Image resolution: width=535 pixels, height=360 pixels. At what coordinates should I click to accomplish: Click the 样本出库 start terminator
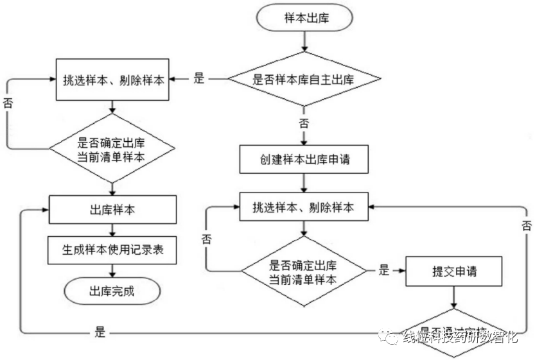[305, 18]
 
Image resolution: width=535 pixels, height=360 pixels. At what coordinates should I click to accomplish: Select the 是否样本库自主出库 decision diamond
[304, 79]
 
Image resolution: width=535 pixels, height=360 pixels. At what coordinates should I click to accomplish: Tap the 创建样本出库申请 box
[304, 159]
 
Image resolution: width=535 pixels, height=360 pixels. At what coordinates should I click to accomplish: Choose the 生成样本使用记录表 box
[113, 249]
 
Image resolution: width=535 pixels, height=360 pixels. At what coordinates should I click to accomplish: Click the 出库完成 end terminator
[112, 290]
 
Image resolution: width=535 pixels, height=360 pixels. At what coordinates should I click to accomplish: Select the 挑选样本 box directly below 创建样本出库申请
[304, 207]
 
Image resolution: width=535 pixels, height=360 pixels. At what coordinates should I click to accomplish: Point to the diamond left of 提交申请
[304, 271]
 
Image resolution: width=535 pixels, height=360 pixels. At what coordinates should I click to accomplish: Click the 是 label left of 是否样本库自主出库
[199, 79]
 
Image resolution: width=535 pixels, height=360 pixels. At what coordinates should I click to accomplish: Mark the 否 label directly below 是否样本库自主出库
[304, 123]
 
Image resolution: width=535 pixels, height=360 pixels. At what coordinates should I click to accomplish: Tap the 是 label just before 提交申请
[384, 271]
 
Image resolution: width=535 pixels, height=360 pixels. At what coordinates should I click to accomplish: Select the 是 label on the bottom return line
[100, 332]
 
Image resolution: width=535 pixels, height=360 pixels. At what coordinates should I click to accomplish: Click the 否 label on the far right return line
[527, 225]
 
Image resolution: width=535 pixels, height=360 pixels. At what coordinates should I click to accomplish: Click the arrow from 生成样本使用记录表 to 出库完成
[113, 270]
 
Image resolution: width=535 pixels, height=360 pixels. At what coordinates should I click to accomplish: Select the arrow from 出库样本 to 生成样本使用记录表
[113, 229]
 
